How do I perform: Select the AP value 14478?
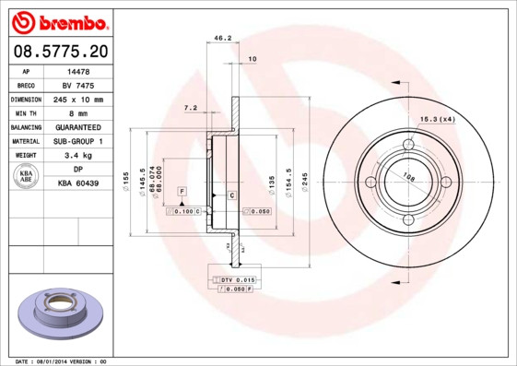(78, 70)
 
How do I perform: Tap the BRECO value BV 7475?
(78, 84)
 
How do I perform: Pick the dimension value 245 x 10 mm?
(78, 99)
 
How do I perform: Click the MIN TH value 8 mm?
(78, 112)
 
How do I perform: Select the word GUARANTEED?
(78, 127)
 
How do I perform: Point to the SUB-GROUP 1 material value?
(78, 141)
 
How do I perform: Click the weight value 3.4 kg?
(78, 156)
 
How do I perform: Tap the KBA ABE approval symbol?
(26, 177)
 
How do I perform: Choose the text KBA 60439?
(78, 184)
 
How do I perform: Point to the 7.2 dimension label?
(191, 108)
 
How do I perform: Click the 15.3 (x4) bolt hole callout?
(439, 119)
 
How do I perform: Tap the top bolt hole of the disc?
(407, 144)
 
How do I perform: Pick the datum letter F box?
(182, 190)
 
